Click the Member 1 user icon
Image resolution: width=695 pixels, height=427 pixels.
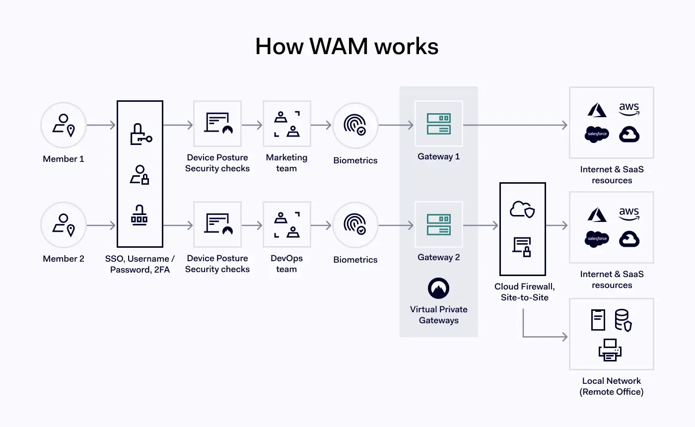click(x=64, y=125)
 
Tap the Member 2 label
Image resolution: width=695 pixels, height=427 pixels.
click(x=64, y=259)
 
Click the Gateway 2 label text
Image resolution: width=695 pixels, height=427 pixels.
click(x=439, y=257)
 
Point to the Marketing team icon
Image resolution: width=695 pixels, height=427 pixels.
click(x=287, y=125)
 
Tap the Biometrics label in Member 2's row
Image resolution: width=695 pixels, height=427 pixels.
click(x=355, y=260)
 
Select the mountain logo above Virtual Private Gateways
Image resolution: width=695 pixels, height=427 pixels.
click(x=439, y=288)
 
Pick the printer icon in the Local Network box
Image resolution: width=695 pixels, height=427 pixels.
click(x=610, y=350)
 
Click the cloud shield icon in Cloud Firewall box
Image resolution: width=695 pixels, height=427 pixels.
click(x=523, y=210)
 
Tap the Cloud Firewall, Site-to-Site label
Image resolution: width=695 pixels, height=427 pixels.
click(x=525, y=292)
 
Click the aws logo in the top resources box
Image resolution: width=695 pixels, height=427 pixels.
click(x=629, y=109)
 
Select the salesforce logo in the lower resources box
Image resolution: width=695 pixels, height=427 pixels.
click(x=597, y=239)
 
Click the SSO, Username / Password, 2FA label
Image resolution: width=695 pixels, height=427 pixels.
click(x=140, y=264)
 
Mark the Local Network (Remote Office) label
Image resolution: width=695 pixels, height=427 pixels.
click(x=612, y=386)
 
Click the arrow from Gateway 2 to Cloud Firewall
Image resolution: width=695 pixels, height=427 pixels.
click(x=481, y=225)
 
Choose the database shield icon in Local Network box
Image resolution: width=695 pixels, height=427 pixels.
click(x=623, y=320)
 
